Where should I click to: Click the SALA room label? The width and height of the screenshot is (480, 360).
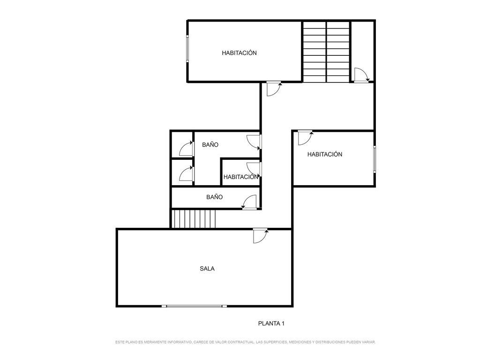[207, 269]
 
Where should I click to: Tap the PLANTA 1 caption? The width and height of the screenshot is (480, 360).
[271, 323]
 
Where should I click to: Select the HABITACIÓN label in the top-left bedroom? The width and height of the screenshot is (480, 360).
[239, 53]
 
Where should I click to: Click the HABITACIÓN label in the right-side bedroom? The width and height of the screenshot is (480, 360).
[324, 154]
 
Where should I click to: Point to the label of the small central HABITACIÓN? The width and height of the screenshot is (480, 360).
[241, 177]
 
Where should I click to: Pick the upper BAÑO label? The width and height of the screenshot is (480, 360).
[210, 145]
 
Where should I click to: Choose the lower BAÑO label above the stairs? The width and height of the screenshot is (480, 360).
[214, 197]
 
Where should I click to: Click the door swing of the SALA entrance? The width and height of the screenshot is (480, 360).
[261, 236]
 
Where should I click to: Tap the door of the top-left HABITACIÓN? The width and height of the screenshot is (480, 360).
[274, 89]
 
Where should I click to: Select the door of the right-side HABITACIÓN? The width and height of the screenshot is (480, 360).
[305, 138]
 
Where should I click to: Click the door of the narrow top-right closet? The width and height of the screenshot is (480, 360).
[361, 75]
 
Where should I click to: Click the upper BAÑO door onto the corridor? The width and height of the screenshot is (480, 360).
[254, 142]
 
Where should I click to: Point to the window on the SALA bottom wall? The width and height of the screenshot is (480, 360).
[194, 306]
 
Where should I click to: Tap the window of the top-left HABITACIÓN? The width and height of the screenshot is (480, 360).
[187, 49]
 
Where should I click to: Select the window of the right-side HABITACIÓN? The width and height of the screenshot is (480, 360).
[374, 159]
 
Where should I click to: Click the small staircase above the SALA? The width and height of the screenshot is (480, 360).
[193, 218]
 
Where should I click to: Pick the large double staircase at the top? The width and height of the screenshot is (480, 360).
[326, 52]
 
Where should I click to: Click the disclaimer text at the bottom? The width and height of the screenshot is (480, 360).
[245, 342]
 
